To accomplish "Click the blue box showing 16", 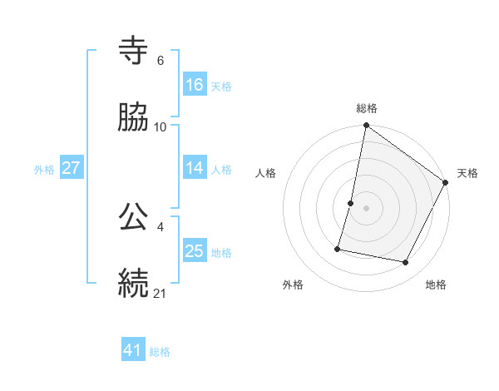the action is [x=195, y=84].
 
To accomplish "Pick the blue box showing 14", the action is [x=195, y=167].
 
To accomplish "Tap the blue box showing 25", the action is [x=195, y=250].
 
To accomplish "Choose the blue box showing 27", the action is [x=72, y=167].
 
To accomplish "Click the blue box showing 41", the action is [x=133, y=350].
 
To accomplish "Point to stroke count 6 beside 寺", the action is [x=160, y=61].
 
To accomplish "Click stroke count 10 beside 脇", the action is [x=160, y=126].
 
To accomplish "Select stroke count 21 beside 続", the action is [x=160, y=292].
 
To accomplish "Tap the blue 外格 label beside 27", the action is [x=44, y=169].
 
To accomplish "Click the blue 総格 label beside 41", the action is [x=160, y=352].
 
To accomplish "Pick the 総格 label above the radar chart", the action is [x=367, y=109].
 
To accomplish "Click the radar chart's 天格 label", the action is [x=467, y=173].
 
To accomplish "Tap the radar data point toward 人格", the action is [x=351, y=203].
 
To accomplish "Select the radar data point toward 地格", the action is [x=406, y=263].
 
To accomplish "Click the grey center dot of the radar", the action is [x=367, y=208].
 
